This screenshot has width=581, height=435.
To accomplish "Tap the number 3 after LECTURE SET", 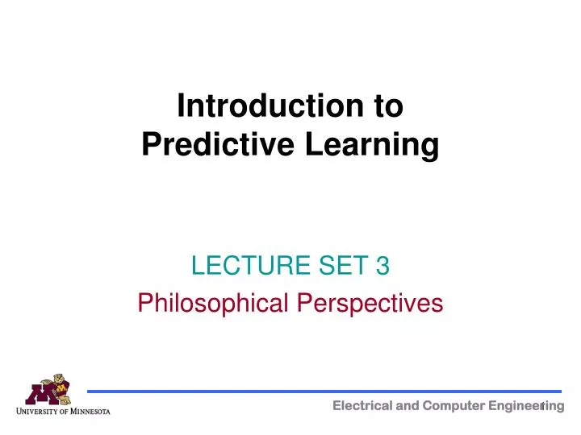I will (x=383, y=263).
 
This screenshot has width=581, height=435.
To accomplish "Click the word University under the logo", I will (x=41, y=412).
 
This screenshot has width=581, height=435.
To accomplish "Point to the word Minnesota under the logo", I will (x=91, y=412).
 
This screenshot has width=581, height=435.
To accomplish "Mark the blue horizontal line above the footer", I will (x=323, y=391).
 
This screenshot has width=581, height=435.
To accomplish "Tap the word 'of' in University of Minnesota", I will (x=68, y=412).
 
